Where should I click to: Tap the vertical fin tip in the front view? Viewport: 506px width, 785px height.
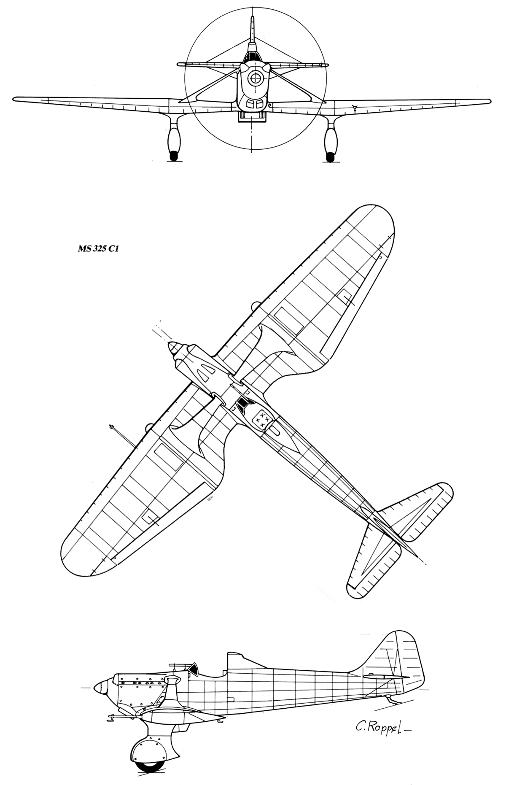point(252,18)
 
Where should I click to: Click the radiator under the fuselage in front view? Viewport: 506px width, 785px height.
point(253,117)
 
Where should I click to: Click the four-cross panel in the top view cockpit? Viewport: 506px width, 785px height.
point(261,420)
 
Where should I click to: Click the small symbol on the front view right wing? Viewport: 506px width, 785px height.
point(355,108)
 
